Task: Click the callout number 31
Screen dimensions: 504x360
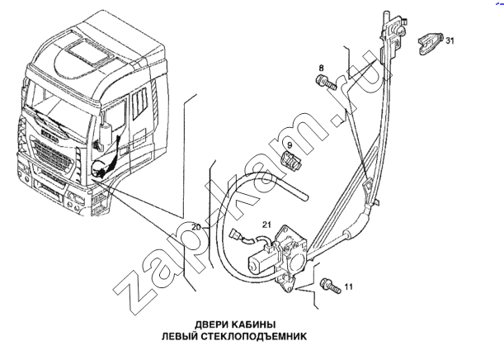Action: click(450, 40)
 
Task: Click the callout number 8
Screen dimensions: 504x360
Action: click(322, 69)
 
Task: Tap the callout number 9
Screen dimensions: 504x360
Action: click(290, 145)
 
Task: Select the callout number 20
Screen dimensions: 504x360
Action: click(196, 227)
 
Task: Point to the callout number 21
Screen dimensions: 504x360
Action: click(266, 225)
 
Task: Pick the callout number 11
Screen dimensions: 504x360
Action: click(348, 287)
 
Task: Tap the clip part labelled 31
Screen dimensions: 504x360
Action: click(431, 44)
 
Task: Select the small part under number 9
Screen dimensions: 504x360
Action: click(291, 160)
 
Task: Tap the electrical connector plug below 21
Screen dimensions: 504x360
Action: click(236, 234)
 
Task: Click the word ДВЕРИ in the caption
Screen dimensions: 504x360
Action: click(210, 324)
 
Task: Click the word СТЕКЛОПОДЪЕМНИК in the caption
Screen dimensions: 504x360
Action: click(254, 337)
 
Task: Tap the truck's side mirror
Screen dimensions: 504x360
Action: click(105, 135)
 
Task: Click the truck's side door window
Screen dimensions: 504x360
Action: click(115, 114)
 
